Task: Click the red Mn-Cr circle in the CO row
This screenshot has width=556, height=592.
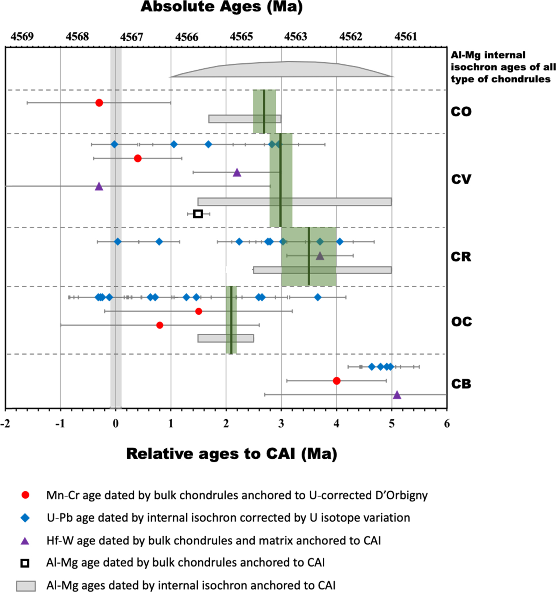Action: pos(99,103)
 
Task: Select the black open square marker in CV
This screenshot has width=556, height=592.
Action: pos(198,214)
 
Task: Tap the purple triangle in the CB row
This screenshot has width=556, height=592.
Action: pos(397,395)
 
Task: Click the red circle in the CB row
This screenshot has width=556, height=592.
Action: pos(336,381)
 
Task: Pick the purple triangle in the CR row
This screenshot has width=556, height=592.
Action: pos(320,256)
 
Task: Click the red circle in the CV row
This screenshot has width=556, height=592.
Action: pos(137,158)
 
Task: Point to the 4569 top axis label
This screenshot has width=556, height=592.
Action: pos(22,36)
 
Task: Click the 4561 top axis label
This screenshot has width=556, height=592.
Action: pos(406,36)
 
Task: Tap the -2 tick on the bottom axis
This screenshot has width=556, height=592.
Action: pos(5,424)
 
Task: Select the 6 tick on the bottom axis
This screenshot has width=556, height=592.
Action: pos(447,424)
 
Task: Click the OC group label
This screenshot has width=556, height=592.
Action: pos(461,322)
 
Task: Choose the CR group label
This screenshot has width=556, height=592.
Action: pos(461,257)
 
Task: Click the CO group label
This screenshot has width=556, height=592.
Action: pos(461,112)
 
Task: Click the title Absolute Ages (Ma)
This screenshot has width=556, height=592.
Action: pos(222,7)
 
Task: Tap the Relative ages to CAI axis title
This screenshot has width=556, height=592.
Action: pos(232,454)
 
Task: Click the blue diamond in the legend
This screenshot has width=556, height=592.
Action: pos(25,518)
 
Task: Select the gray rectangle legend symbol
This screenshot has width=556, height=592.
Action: pos(26,586)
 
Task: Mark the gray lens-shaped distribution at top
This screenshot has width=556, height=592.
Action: pos(282,69)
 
